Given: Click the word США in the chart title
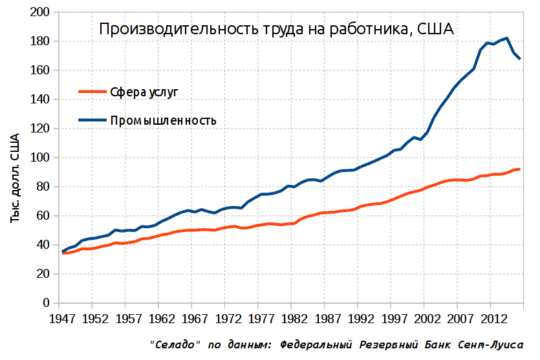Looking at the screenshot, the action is click(435, 29).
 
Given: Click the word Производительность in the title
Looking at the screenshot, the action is click(179, 30).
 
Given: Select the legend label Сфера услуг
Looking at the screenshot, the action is click(144, 92).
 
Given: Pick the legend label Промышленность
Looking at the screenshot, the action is click(163, 120).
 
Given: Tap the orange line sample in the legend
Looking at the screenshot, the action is click(92, 92).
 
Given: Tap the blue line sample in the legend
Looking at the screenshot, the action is click(92, 120).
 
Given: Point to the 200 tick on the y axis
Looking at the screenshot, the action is click(39, 12).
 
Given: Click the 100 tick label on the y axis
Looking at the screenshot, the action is click(39, 158).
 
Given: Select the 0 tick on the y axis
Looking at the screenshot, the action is click(46, 303).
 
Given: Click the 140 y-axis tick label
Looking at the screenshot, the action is click(39, 100).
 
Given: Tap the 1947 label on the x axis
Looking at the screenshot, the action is click(62, 319).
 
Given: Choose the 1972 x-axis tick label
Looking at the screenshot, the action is click(228, 319).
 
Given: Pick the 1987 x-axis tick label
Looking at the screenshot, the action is click(328, 319).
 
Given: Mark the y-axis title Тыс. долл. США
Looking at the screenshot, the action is click(14, 178).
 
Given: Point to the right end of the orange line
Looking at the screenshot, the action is click(520, 169).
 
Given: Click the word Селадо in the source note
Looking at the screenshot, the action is click(175, 344).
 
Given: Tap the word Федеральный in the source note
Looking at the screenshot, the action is click(316, 344).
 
